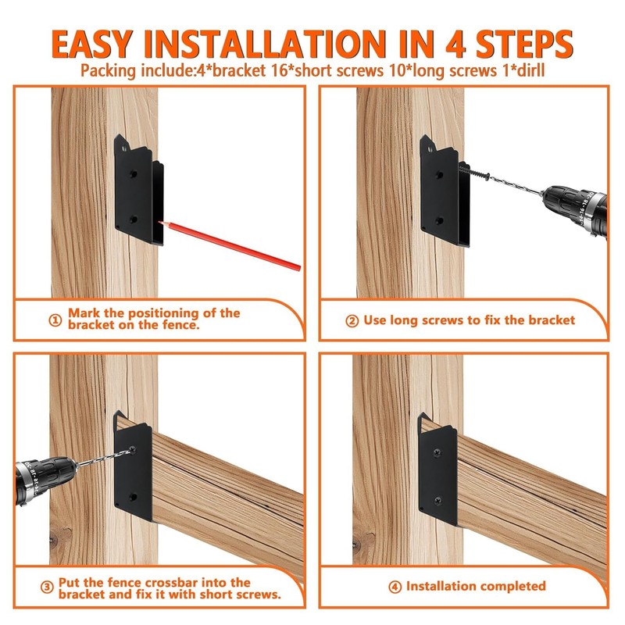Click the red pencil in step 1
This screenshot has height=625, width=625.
point(230,246)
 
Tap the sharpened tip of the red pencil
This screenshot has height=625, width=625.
point(159,222)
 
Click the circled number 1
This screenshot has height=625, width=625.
point(55,320)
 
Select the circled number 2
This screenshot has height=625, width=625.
point(352,321)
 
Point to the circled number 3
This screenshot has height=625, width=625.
point(47,587)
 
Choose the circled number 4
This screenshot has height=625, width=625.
point(395,587)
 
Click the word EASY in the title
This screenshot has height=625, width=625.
point(91,45)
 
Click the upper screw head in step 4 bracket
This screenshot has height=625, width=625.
point(437,452)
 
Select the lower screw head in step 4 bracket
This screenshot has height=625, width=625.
point(438,500)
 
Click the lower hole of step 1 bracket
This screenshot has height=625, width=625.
point(133,219)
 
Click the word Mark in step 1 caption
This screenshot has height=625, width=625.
point(84,313)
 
